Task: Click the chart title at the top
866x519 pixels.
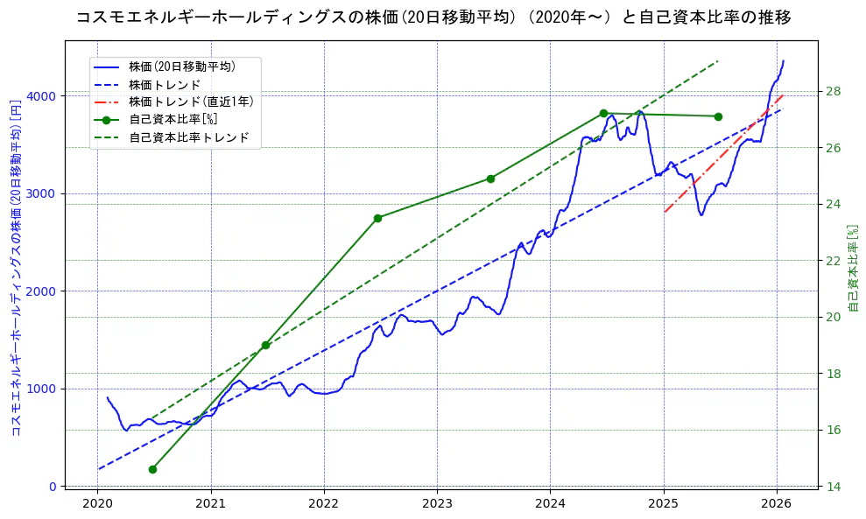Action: [433, 17]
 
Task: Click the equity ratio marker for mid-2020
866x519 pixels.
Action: [152, 469]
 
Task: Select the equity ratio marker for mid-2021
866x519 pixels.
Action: [265, 345]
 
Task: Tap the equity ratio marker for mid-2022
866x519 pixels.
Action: [377, 218]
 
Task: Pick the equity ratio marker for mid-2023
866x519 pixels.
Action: [490, 179]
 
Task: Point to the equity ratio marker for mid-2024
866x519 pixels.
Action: [603, 113]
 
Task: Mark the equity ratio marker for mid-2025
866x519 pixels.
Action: [718, 116]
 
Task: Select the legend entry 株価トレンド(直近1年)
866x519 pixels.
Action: [190, 102]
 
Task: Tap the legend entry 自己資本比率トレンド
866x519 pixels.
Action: [188, 137]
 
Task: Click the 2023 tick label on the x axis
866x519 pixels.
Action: [437, 503]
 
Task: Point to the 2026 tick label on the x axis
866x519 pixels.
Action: [777, 503]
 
